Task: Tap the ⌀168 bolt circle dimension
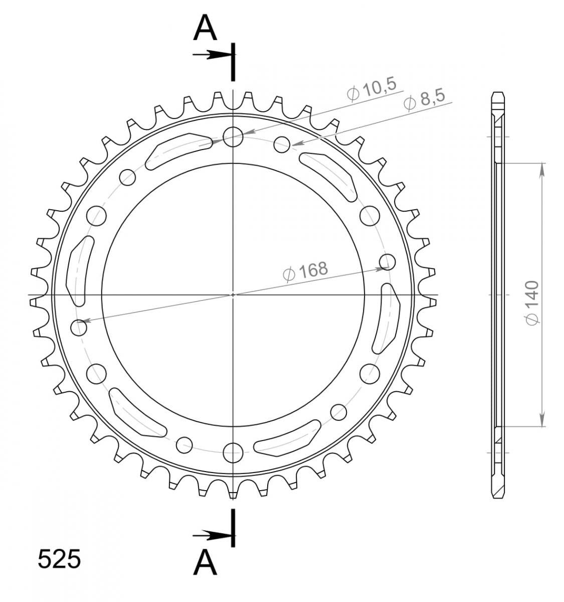305,271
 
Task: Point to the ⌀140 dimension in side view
532,303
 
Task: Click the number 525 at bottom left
59,559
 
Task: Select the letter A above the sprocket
205,29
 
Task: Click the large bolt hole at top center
233,137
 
